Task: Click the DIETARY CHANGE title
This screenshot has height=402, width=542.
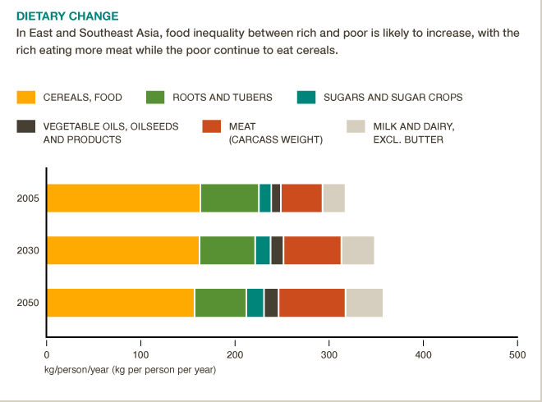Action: [67, 16]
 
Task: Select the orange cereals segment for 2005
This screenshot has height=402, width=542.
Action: [123, 199]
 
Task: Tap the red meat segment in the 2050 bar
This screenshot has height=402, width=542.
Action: [312, 303]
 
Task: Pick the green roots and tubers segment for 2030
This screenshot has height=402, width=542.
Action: [227, 250]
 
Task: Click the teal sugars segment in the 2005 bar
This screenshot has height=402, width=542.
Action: [264, 199]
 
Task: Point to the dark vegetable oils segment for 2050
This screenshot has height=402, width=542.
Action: [271, 303]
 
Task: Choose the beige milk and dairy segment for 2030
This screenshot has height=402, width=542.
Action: [357, 250]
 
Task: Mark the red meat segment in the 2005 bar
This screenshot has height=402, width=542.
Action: [301, 199]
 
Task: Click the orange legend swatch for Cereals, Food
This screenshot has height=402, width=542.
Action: [26, 98]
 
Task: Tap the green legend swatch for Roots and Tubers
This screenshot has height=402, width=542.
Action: [155, 98]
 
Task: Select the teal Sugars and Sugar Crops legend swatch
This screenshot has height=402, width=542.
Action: [306, 98]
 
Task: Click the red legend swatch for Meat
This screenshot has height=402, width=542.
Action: [212, 126]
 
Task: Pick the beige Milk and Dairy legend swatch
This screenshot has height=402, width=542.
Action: [356, 126]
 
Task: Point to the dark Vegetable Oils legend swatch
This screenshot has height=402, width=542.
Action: [26, 126]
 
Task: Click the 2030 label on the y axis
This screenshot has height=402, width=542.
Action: [27, 250]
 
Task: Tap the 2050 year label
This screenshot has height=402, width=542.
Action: [27, 303]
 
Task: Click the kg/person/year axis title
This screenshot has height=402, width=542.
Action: [130, 370]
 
